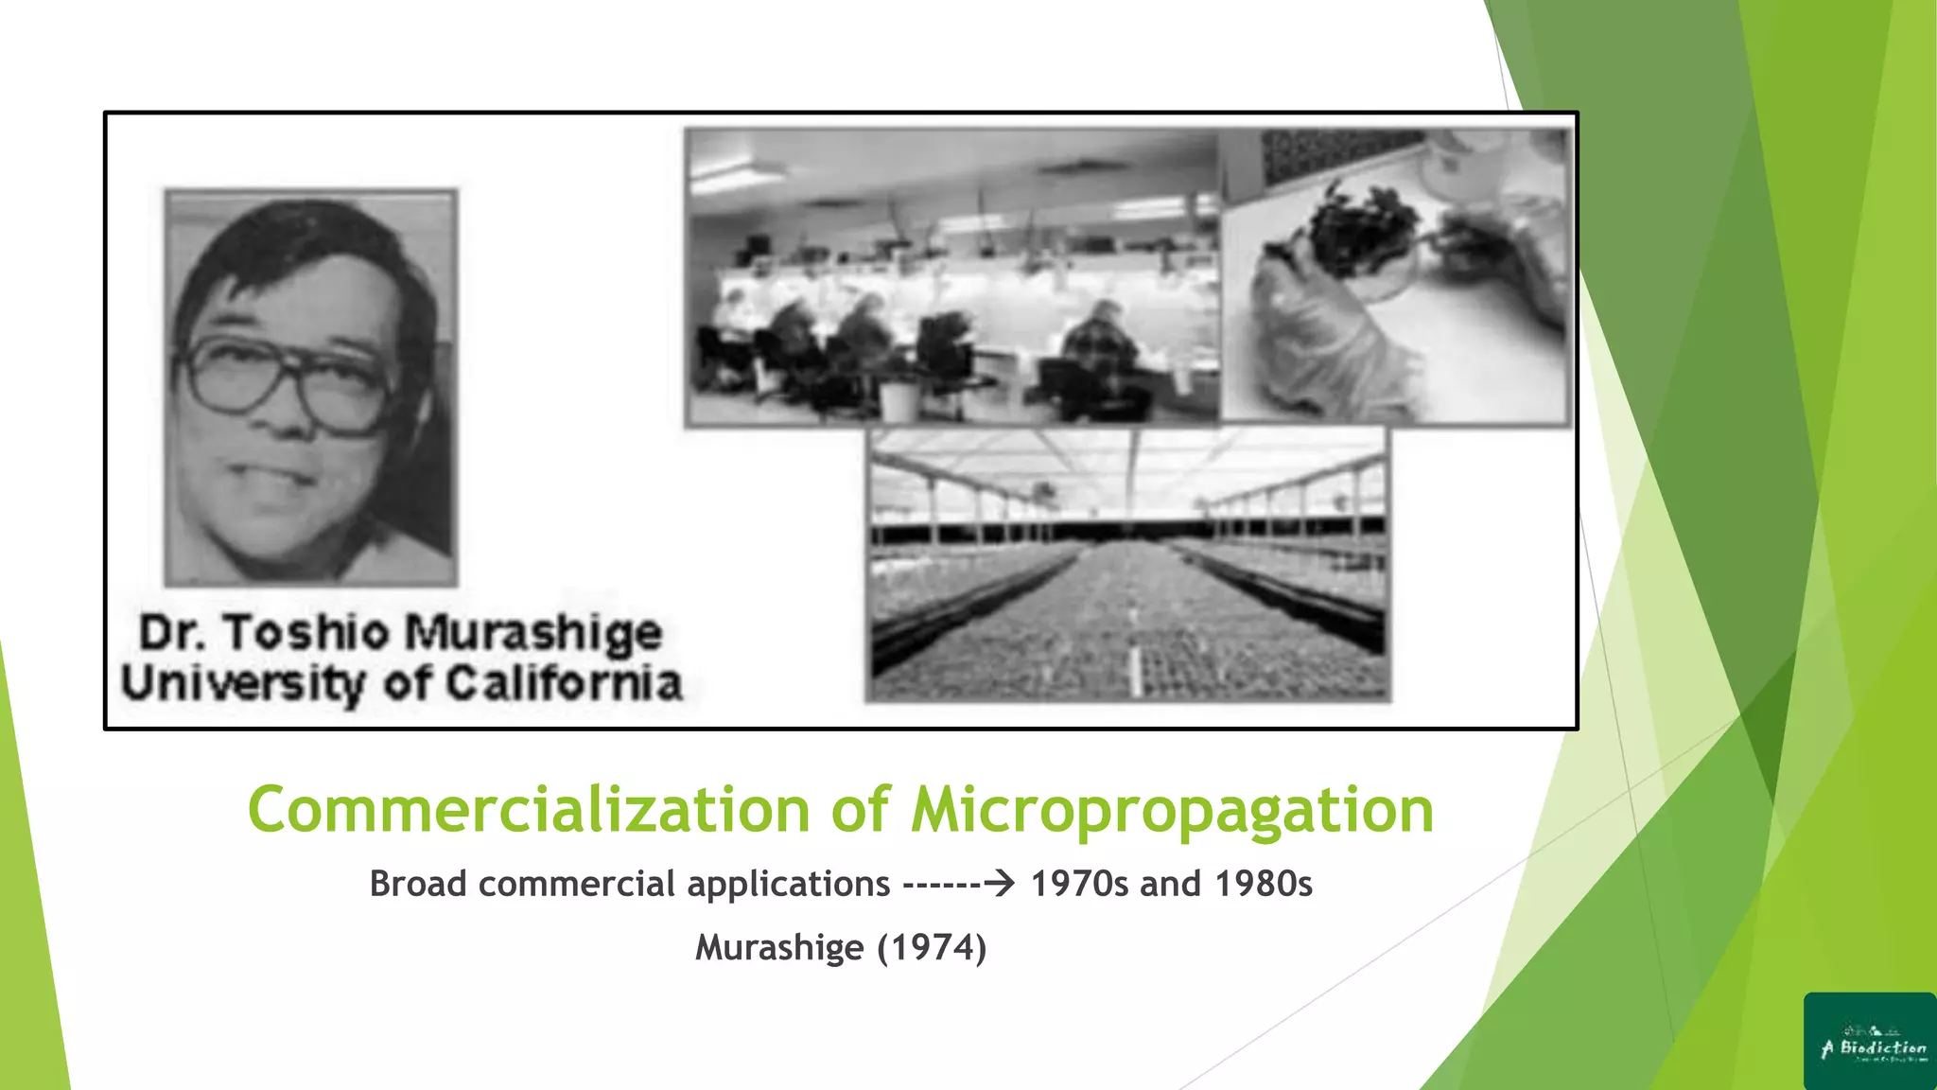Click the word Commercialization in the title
coord(529,810)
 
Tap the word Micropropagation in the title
coord(1172,812)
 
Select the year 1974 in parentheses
coord(932,947)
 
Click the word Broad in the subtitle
coord(418,884)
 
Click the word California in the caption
coord(564,683)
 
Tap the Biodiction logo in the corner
coord(1869,1041)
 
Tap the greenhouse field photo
coord(1128,565)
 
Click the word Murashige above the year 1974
coord(778,947)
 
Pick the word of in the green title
coord(861,810)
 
